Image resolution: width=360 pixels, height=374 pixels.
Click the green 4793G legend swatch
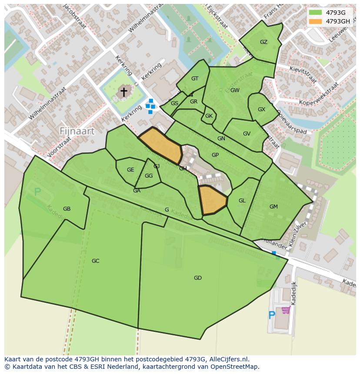[315, 13]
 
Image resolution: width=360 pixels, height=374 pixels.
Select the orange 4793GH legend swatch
[315, 21]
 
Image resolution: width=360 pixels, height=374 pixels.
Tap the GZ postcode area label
[263, 42]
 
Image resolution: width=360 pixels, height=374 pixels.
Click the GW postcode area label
[235, 90]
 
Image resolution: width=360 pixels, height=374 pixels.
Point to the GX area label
[261, 109]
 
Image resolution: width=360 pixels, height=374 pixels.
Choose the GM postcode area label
[273, 207]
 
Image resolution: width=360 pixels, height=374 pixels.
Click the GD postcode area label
[198, 278]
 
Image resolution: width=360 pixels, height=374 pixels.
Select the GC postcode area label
[95, 261]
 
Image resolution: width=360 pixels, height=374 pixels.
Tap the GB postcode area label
[67, 209]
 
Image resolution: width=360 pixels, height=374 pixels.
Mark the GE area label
[130, 170]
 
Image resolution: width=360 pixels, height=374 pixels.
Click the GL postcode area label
[242, 201]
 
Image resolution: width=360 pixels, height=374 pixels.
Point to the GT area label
[195, 79]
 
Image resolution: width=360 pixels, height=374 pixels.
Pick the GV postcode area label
[247, 134]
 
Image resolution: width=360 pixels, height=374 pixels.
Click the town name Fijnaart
[77, 131]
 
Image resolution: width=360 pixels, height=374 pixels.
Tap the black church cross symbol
[124, 92]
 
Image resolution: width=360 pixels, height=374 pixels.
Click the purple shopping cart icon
[286, 310]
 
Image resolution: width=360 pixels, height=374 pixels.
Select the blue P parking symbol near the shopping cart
[272, 315]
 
